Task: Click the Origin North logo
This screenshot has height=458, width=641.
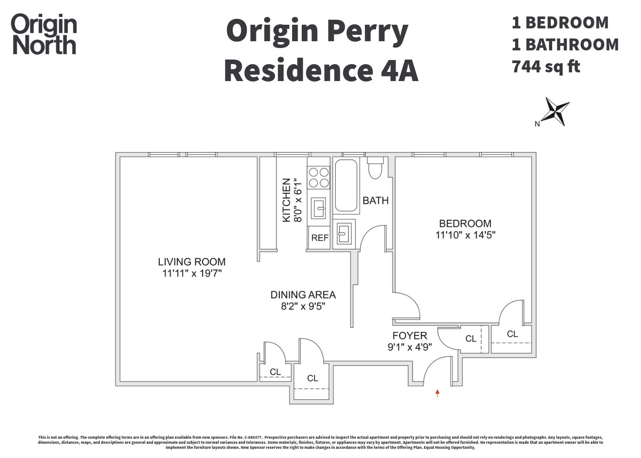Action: (44, 34)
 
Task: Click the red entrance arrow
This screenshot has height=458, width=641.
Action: (437, 393)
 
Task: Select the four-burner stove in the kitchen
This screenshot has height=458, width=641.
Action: (319, 178)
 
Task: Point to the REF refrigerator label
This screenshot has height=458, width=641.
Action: (320, 238)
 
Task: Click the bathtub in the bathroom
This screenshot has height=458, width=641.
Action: (346, 185)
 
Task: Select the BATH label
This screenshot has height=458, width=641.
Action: (375, 201)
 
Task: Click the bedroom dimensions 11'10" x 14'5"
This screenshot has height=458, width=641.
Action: (465, 235)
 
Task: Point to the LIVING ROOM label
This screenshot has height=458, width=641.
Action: (191, 262)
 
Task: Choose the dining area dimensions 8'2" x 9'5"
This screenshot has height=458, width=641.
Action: (303, 306)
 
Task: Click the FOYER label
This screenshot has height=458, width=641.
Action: (409, 336)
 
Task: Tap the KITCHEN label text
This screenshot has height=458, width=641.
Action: (286, 200)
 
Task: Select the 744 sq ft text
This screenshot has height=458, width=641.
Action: (546, 66)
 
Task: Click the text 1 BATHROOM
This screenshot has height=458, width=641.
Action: (565, 44)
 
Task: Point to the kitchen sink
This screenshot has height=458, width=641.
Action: (319, 208)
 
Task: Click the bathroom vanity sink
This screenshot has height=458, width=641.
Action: (344, 234)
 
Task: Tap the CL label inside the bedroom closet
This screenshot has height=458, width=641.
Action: (512, 334)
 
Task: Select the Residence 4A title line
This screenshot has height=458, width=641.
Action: (321, 71)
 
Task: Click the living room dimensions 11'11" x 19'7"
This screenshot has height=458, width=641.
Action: (192, 273)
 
